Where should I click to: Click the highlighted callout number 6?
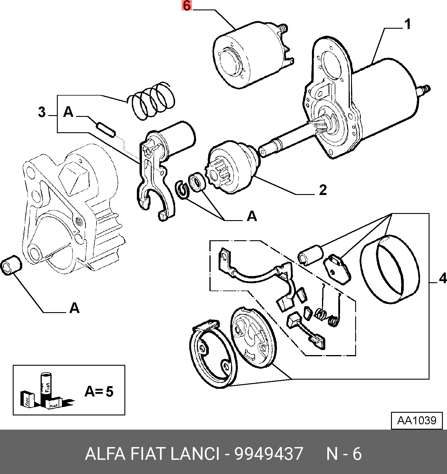click(x=187, y=6)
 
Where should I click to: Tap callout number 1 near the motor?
click(x=408, y=24)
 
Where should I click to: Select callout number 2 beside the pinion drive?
click(x=323, y=190)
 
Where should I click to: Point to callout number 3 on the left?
click(x=42, y=112)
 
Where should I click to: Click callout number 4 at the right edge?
click(x=443, y=278)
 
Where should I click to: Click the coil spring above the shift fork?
click(x=151, y=101)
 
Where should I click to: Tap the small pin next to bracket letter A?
click(x=106, y=130)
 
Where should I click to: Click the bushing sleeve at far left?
click(x=12, y=265)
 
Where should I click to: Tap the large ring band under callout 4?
click(x=390, y=269)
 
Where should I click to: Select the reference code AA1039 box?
click(x=417, y=420)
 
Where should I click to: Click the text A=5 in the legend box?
click(x=99, y=391)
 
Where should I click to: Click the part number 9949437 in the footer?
click(x=269, y=454)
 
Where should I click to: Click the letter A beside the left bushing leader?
click(x=74, y=308)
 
